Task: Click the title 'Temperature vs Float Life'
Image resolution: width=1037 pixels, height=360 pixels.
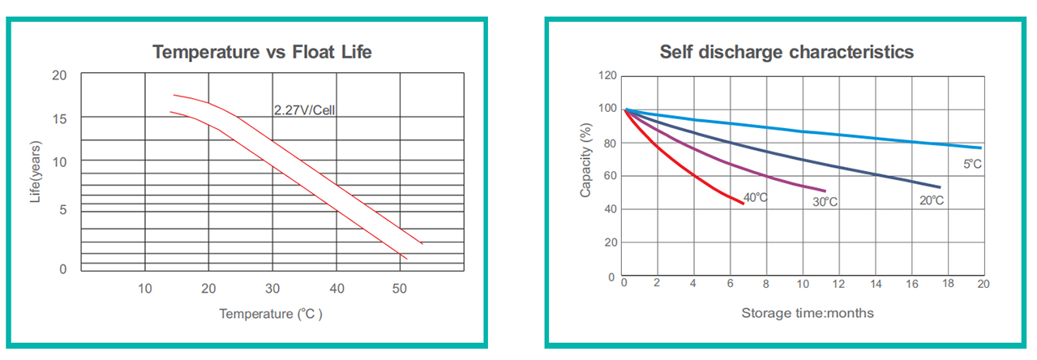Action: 262,53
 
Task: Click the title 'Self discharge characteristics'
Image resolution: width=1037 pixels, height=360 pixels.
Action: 786,53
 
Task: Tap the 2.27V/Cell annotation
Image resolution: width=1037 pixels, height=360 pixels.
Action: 304,110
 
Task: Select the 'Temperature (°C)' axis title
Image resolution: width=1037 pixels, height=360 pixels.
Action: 271,314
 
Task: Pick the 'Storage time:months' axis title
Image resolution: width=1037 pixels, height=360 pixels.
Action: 808,313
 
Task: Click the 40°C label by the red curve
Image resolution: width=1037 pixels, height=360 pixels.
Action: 756,197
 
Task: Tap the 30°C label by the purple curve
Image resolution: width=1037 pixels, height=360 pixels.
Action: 825,202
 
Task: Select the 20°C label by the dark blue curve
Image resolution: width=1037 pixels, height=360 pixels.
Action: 932,200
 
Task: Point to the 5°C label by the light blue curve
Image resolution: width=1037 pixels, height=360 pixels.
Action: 973,165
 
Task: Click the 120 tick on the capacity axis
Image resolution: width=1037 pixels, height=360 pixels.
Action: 606,76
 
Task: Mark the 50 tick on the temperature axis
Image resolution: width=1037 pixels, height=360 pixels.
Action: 399,288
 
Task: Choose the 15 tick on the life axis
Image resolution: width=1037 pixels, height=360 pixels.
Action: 59,119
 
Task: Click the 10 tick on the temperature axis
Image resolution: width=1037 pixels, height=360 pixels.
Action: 144,288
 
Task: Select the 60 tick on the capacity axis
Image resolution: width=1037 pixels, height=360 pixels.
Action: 609,176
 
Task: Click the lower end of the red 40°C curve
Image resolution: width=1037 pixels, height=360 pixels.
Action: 743,203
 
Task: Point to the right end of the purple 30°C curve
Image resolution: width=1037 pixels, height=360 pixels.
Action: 825,191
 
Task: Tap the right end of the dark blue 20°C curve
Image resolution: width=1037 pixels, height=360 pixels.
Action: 940,187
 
